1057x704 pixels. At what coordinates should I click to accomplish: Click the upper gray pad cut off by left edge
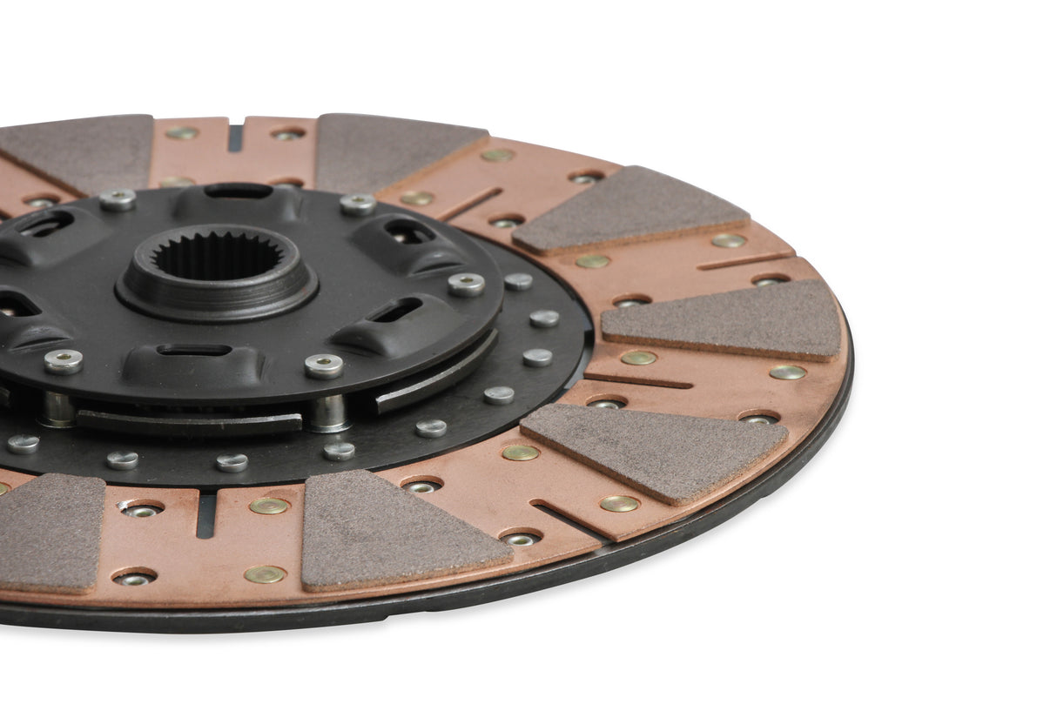coord(78,151)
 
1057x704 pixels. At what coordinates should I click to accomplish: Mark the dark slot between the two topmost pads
coord(235,137)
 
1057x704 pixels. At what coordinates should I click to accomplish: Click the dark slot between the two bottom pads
coord(205,514)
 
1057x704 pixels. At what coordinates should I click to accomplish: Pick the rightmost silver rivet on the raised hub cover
coord(467,285)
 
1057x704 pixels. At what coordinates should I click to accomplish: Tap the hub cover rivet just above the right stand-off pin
coord(324,365)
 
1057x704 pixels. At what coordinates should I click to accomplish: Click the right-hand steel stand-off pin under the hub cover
coord(329,412)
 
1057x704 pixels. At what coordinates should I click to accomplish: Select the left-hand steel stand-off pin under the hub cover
coord(57,408)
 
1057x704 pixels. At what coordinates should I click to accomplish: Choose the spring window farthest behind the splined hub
coord(237,191)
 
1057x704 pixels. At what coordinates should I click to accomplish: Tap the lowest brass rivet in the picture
coord(264,574)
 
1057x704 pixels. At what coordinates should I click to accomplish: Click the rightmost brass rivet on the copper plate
coord(787,372)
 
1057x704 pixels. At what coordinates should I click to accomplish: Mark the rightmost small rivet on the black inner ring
coord(544,318)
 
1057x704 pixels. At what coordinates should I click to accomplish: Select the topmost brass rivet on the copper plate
coord(182,133)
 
